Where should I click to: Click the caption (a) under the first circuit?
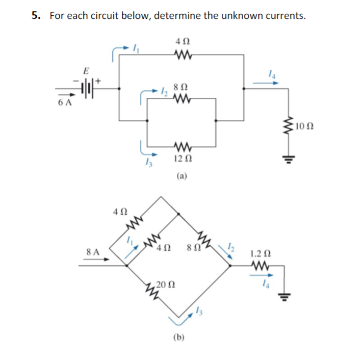pyautogui.click(x=182, y=176)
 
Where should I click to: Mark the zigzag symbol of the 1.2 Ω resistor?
pyautogui.click(x=261, y=265)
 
